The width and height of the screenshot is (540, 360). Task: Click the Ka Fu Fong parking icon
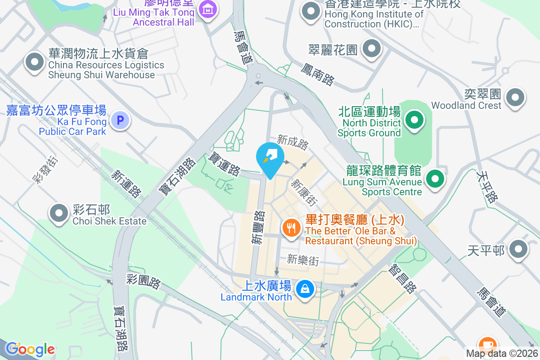pos(120,121)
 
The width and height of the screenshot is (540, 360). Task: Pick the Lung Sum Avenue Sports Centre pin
pos(435,179)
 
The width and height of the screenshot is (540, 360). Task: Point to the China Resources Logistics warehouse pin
pos(35,63)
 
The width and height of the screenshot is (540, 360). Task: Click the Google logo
pos(30,349)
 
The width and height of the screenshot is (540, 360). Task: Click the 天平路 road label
pos(488,186)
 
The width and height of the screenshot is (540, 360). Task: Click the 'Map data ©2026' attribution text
pos(502,354)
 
